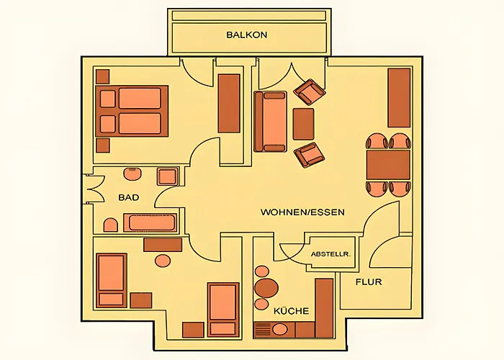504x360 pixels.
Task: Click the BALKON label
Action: pos(247,35)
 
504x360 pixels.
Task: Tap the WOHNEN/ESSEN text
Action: pos(302,212)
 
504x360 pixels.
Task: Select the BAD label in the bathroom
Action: pos(128,197)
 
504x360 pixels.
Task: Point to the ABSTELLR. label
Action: pos(330,254)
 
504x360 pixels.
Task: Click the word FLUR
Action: pos(368,282)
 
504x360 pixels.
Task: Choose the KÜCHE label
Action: pos(291,311)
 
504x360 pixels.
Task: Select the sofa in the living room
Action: pos(270,121)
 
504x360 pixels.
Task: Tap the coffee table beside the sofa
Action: pos(303,123)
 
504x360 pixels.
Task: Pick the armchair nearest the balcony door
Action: pos(309,92)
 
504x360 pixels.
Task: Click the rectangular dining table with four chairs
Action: pos(388,164)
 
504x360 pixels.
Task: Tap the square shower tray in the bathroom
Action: pos(168,176)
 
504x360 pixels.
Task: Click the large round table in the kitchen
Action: pos(266,289)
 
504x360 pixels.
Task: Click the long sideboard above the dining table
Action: pos(399,98)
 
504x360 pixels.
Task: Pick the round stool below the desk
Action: pos(163,261)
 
